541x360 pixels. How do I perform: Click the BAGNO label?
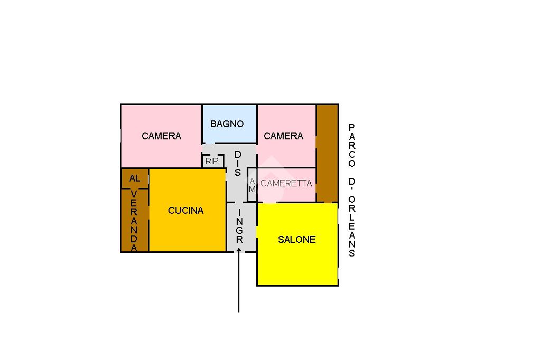tap(227, 124)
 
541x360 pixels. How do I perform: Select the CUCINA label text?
tap(185, 211)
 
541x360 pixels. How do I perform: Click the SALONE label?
tap(296, 240)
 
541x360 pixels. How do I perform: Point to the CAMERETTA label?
tap(286, 184)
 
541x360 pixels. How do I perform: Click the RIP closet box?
tap(212, 161)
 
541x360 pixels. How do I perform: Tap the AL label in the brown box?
tap(134, 178)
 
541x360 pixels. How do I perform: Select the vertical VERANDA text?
tap(134, 221)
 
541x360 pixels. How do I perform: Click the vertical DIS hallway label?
tap(238, 163)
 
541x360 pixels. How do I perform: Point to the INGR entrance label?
tap(239, 226)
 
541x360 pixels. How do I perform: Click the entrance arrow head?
tap(239, 251)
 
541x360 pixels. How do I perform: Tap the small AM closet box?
tap(252, 185)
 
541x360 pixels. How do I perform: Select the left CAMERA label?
tap(161, 136)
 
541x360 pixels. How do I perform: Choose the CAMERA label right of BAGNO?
tap(283, 136)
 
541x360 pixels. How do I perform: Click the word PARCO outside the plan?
tap(352, 145)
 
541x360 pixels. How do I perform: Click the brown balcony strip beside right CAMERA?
tap(327, 153)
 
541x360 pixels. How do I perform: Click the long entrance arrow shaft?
tap(239, 285)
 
